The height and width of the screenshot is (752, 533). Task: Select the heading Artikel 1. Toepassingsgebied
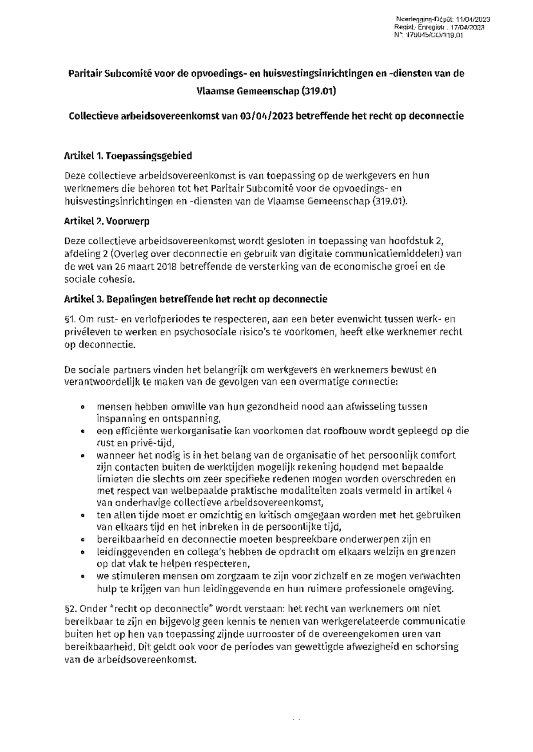(x=128, y=156)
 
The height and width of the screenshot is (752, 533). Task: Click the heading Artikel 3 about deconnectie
(x=196, y=299)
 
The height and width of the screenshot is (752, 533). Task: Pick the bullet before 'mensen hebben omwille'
(x=82, y=407)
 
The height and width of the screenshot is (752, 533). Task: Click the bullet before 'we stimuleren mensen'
(x=82, y=577)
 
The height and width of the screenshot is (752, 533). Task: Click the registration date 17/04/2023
(x=470, y=28)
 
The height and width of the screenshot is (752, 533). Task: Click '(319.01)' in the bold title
(x=318, y=92)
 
